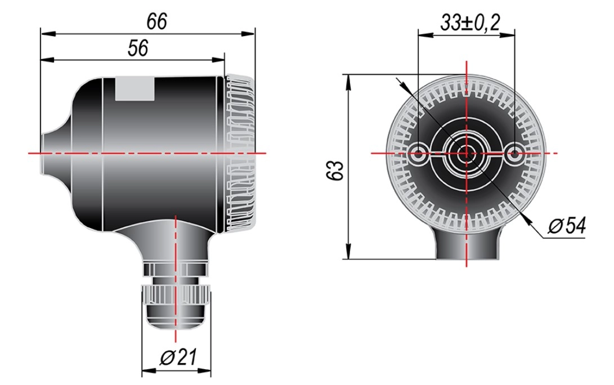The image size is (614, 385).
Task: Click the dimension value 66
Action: (x=156, y=21)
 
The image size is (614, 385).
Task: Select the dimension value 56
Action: (x=138, y=48)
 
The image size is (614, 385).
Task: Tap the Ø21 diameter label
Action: (x=178, y=357)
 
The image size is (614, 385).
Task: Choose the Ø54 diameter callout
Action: (x=567, y=226)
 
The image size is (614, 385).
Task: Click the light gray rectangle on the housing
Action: (x=135, y=89)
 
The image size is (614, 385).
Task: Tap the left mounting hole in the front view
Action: (x=418, y=154)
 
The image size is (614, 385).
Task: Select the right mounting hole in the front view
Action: (x=514, y=154)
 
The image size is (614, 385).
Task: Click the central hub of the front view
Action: (x=467, y=153)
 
